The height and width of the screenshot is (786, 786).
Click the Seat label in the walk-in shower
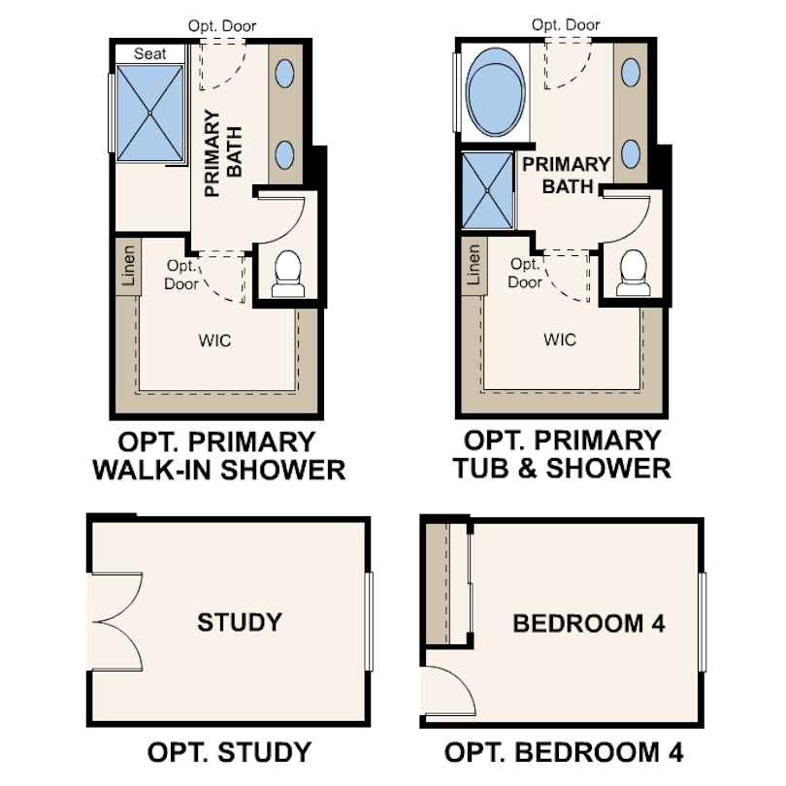[x=149, y=53]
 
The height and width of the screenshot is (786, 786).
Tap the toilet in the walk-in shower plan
[x=288, y=275]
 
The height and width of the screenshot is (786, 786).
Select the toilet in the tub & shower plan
[x=632, y=274]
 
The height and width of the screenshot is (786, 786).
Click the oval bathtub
[x=495, y=92]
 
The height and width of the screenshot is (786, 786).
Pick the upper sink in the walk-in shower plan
[x=284, y=73]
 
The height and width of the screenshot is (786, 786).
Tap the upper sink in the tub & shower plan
[x=631, y=72]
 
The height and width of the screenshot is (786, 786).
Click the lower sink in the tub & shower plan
[x=631, y=153]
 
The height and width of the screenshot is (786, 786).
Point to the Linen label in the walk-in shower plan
[x=128, y=266]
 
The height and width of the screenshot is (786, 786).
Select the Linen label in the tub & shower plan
[x=473, y=265]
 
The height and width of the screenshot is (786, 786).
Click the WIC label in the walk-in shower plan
[x=214, y=341]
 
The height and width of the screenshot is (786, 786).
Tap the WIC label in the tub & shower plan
[x=560, y=340]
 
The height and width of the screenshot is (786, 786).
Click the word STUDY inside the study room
[x=240, y=622]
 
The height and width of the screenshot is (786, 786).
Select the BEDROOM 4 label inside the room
[x=589, y=624]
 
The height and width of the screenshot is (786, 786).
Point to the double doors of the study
[x=117, y=622]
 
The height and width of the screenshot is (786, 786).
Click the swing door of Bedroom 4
[x=448, y=691]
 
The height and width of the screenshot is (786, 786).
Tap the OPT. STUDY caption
[x=229, y=752]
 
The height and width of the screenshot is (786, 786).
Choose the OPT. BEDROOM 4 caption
[x=564, y=752]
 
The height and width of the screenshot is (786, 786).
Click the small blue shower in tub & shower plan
[x=487, y=190]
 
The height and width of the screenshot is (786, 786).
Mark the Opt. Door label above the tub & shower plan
[x=566, y=24]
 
